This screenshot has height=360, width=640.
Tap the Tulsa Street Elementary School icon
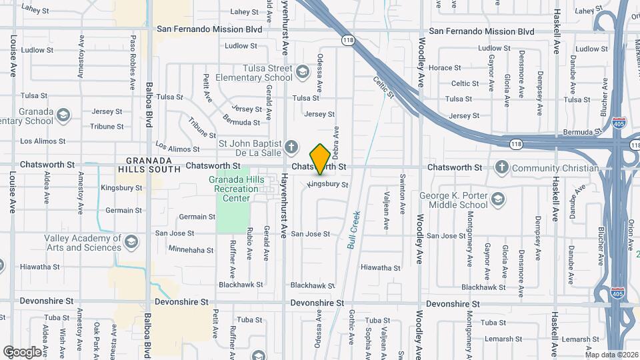(303, 71)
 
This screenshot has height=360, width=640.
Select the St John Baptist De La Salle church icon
(291, 146)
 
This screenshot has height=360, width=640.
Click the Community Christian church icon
(502, 167)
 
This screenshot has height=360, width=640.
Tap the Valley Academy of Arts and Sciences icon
(131, 241)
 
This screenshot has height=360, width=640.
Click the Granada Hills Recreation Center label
(233, 189)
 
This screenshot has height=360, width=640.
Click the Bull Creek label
(354, 230)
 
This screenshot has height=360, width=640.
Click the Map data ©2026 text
(611, 355)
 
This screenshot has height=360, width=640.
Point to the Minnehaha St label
(191, 251)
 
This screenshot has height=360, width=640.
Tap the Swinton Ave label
(403, 194)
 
